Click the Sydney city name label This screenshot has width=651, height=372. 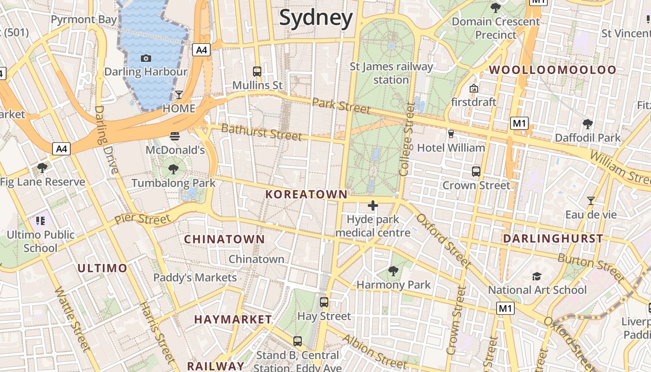(x=316, y=18)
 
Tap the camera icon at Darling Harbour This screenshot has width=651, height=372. (x=146, y=58)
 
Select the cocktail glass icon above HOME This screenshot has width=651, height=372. (x=179, y=95)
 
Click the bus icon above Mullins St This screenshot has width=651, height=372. (x=257, y=72)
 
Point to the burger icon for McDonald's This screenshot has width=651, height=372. (x=175, y=136)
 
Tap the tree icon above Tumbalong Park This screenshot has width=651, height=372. (x=173, y=169)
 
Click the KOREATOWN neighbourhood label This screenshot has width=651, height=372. (x=306, y=194)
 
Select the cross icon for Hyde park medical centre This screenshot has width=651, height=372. (x=373, y=206)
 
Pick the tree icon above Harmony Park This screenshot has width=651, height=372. (x=393, y=271)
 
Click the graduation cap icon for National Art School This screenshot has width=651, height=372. (x=537, y=276)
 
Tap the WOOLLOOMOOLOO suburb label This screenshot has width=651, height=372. (x=553, y=70)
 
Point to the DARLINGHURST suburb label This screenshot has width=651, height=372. (x=553, y=239)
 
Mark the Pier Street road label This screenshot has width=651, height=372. (x=142, y=219)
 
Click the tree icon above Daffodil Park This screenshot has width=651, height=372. (x=588, y=124)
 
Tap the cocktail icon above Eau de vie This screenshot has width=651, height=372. (x=591, y=201)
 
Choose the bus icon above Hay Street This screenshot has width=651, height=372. (x=324, y=302)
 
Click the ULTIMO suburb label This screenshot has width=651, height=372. (x=102, y=268)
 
